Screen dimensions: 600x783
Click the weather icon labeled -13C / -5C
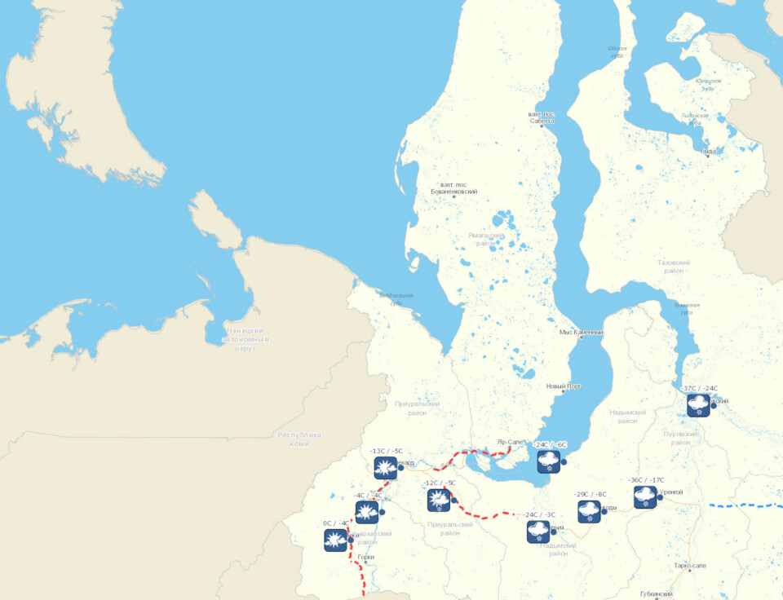pos(385,467)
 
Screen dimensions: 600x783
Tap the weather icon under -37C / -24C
pos(698,405)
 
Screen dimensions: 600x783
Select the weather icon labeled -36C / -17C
pos(645,497)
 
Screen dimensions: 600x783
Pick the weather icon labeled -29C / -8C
pos(589,511)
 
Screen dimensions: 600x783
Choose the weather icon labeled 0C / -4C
pos(336,540)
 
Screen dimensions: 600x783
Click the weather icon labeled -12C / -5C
pos(439,500)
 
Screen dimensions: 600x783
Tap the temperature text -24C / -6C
pos(550,444)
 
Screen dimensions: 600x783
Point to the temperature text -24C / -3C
pos(539,514)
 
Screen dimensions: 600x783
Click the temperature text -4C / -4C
pos(369,495)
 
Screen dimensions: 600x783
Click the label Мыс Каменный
pos(582,333)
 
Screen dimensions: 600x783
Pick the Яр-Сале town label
pos(510,442)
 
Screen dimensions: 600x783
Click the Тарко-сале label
pos(690,565)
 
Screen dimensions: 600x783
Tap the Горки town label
pos(365,558)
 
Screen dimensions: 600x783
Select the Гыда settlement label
pos(708,151)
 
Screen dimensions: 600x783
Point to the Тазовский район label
pos(674,266)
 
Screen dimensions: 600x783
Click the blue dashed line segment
pos(745,505)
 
